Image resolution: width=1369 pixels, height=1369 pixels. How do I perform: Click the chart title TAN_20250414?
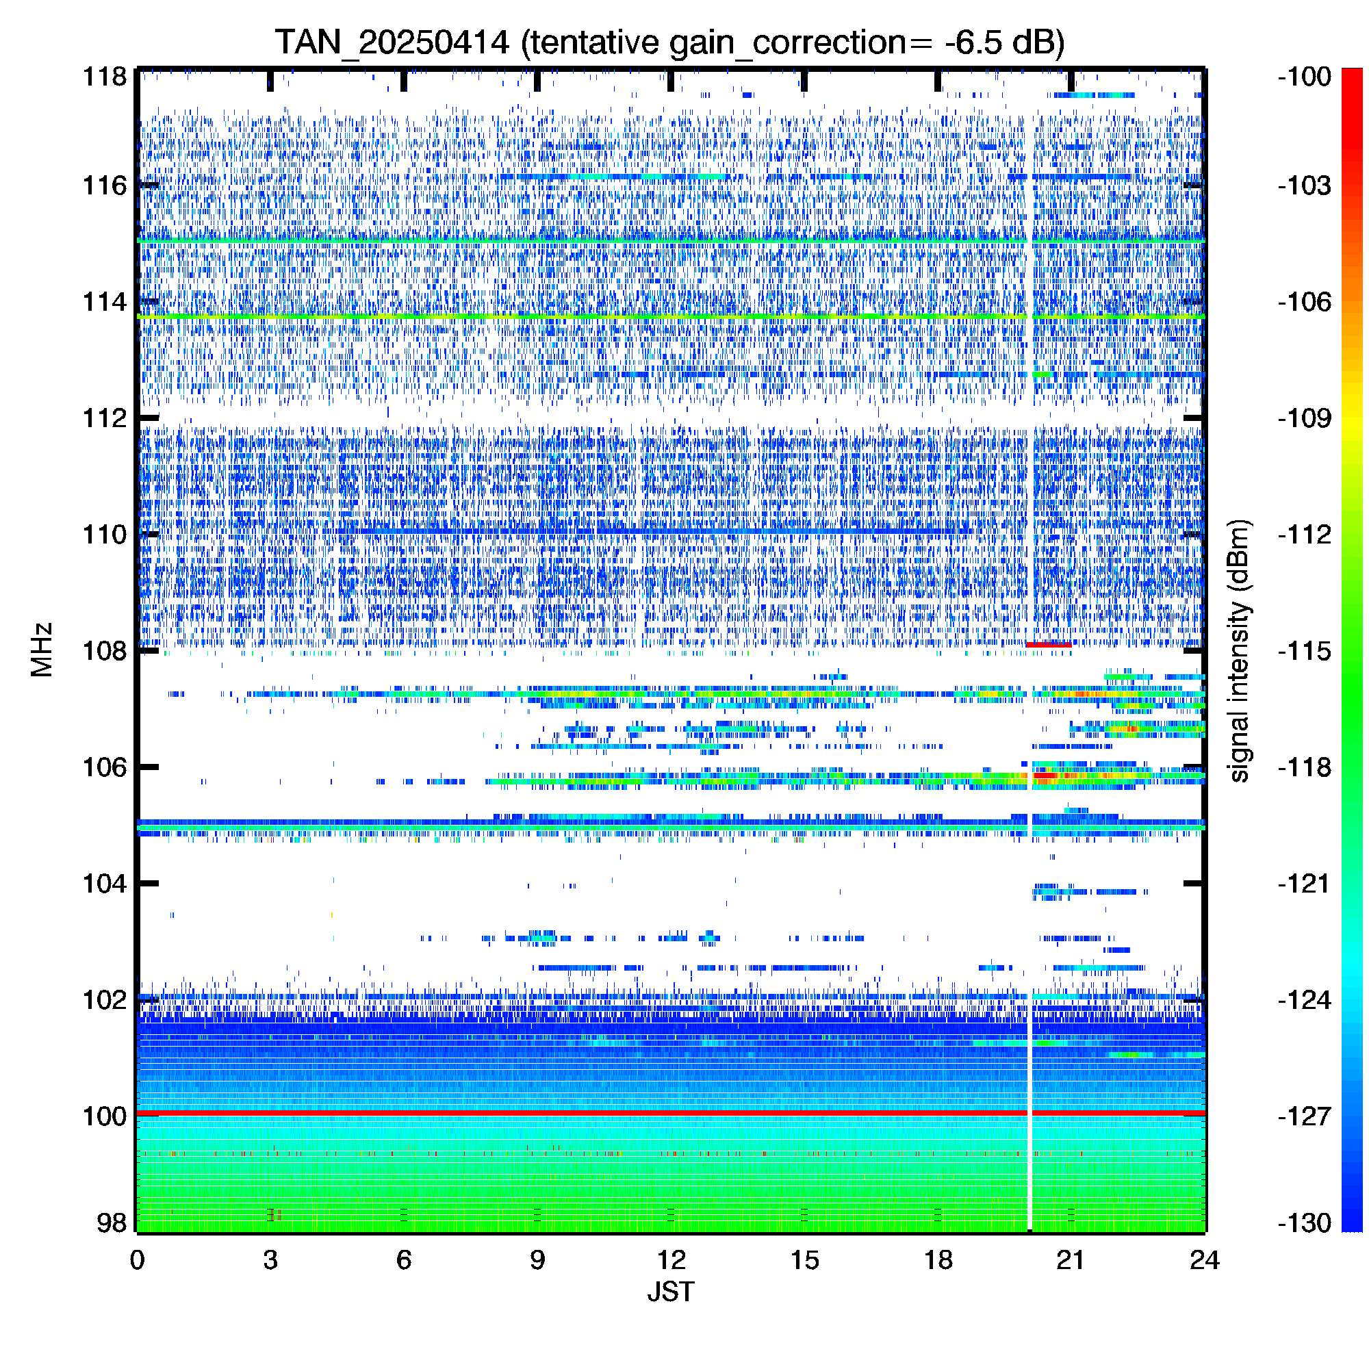point(392,42)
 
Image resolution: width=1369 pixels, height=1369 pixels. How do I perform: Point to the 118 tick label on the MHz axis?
point(105,77)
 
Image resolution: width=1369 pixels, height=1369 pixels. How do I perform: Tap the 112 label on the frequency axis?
point(105,418)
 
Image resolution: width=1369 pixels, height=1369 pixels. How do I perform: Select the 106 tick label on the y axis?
point(105,767)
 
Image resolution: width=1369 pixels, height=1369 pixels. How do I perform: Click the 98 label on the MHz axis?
point(112,1223)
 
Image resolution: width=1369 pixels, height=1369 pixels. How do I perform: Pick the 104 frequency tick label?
point(105,884)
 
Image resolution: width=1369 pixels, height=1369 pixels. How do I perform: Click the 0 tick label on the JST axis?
point(137,1261)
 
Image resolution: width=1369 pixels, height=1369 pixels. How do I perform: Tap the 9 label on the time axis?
point(537,1261)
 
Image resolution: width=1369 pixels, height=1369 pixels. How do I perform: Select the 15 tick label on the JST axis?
point(804,1261)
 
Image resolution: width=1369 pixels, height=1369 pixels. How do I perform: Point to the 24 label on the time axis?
point(1205,1261)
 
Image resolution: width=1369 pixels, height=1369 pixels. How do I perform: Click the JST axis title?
point(670,1292)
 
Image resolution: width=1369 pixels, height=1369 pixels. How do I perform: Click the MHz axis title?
point(42,650)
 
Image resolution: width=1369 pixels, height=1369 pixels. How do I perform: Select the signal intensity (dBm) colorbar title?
point(1240,650)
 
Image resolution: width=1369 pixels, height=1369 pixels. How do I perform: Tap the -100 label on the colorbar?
point(1305,77)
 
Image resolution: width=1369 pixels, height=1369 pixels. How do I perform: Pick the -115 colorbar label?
point(1305,650)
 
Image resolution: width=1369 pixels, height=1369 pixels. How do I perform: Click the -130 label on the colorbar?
point(1305,1223)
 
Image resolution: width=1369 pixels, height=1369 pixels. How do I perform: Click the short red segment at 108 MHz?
point(1049,644)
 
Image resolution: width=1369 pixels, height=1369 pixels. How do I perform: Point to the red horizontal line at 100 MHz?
point(670,1114)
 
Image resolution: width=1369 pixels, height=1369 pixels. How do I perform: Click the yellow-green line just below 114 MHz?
point(670,316)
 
